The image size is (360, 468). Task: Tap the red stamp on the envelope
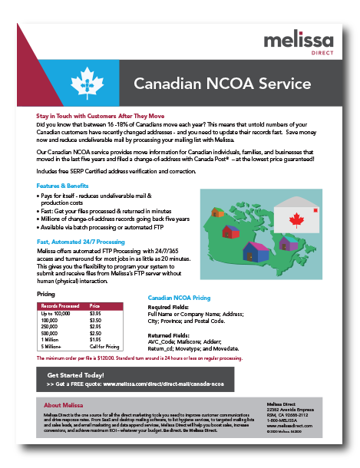point(315,211)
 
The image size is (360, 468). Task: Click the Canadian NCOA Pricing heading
point(179,297)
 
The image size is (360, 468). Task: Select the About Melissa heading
point(64,404)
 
